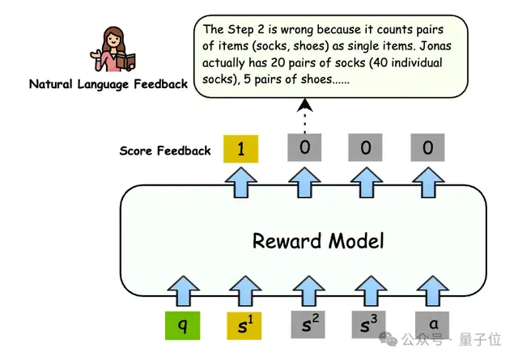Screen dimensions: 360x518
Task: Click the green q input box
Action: pos(183,327)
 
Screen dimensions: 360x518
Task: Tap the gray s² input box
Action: pos(304,327)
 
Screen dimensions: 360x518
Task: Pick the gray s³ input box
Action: pos(367,327)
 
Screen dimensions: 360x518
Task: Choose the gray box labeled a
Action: pos(430,327)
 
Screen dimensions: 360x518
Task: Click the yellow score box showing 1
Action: pos(241,149)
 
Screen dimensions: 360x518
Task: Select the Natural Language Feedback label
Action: pos(108,83)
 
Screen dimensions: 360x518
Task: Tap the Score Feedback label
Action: pos(165,150)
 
